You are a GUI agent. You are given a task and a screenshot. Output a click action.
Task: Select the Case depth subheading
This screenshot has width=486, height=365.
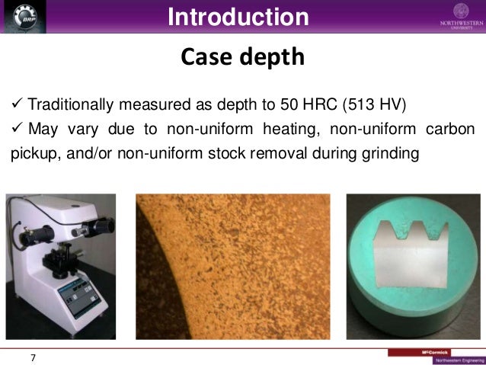pyautogui.click(x=242, y=57)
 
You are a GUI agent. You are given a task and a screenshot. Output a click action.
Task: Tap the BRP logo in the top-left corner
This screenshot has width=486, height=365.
pyautogui.click(x=24, y=18)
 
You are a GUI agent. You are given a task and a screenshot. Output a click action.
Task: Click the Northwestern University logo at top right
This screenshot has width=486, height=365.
pyautogui.click(x=461, y=16)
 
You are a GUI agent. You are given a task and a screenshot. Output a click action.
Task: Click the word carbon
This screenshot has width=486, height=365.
pyautogui.click(x=450, y=128)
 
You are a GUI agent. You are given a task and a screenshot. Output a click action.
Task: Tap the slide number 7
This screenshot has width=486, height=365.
pyautogui.click(x=33, y=356)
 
